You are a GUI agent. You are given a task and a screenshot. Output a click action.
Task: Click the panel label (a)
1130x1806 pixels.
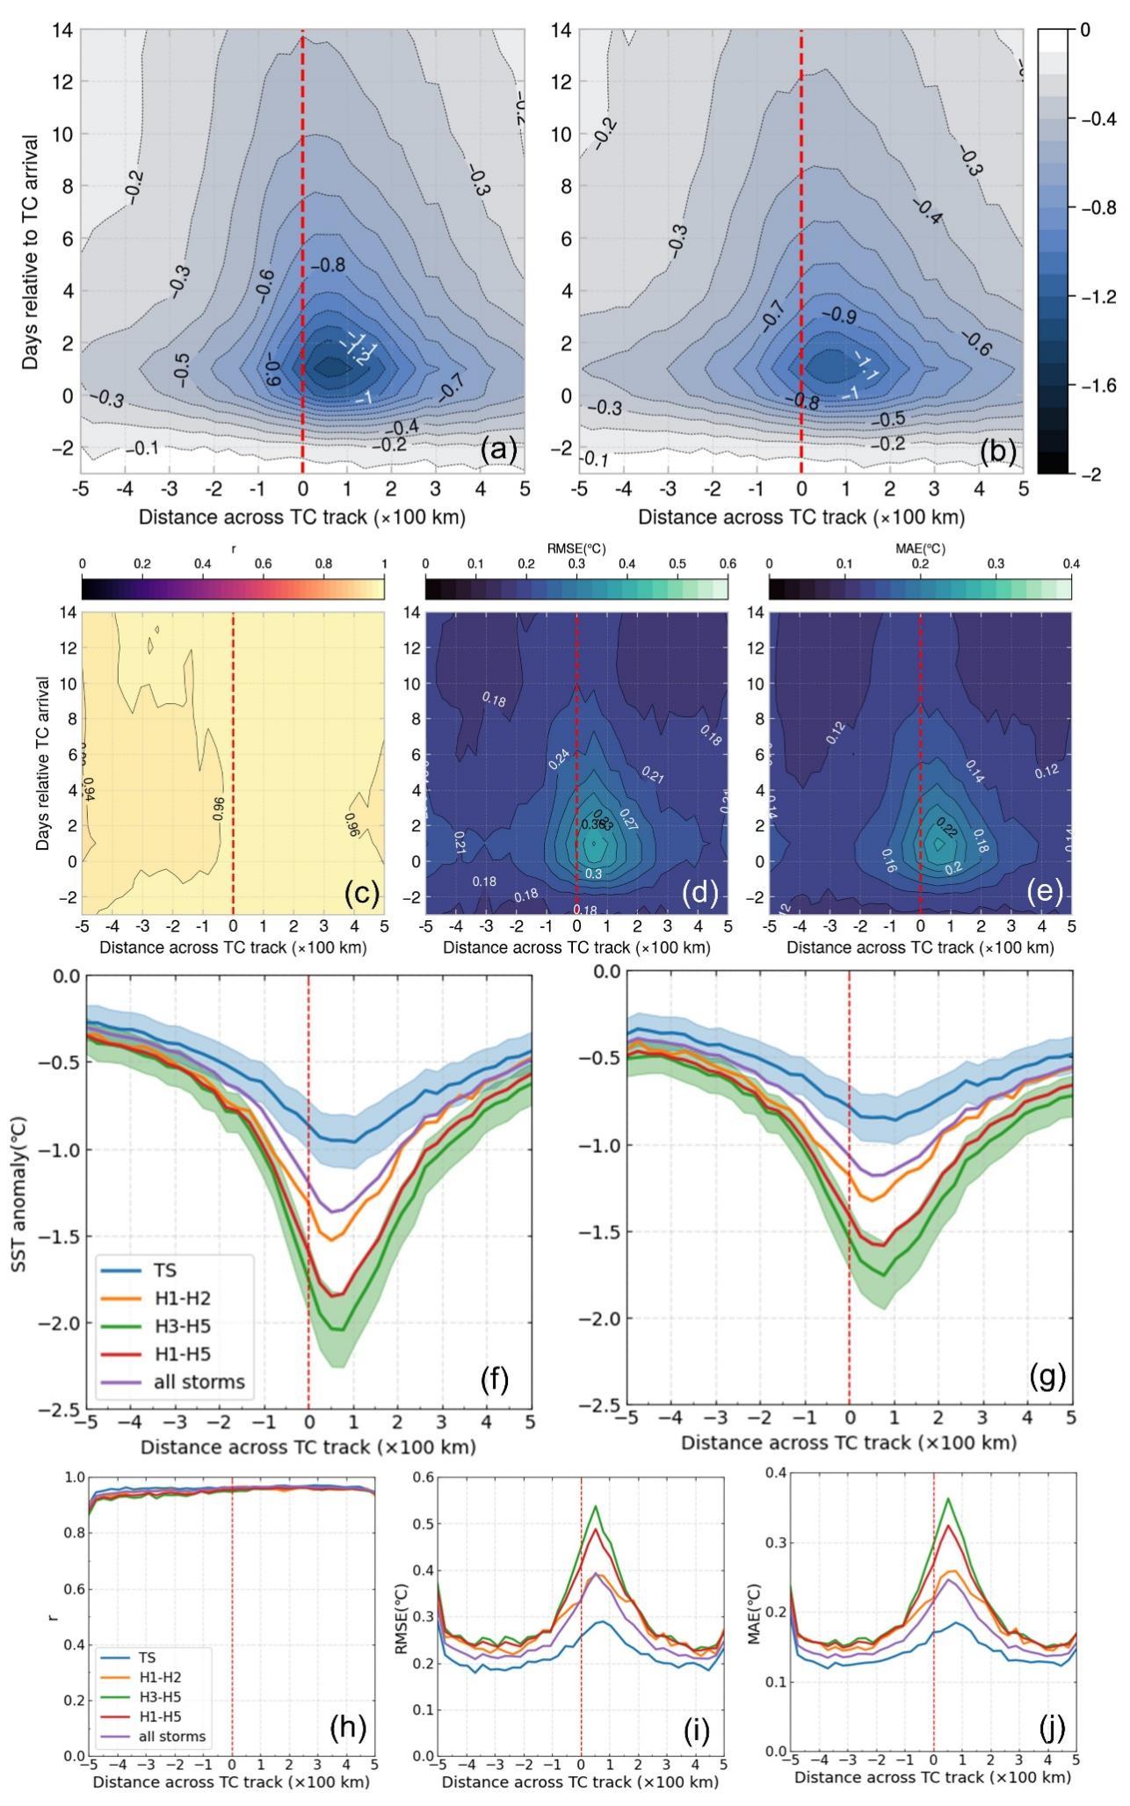coord(498,450)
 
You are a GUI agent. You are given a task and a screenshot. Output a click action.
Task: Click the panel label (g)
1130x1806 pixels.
coord(1047,1376)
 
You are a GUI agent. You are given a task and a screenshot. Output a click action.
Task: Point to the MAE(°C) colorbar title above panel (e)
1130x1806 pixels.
coord(920,548)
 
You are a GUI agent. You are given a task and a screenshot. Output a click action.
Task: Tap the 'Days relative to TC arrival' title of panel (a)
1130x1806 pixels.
coord(32,251)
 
